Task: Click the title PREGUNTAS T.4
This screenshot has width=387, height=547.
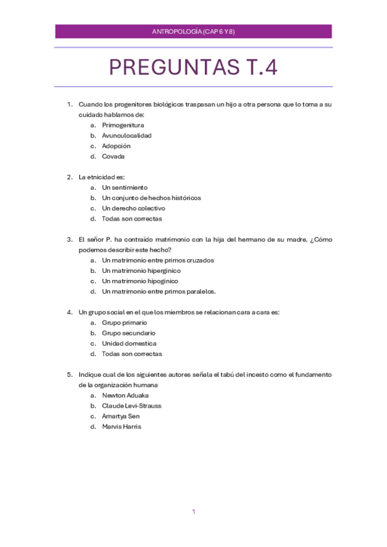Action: coord(193,67)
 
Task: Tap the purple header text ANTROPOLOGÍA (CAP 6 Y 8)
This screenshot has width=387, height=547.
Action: coord(193,32)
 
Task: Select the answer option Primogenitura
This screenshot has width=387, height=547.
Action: coord(123,125)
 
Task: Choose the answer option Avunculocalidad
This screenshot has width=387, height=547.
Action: coord(127,135)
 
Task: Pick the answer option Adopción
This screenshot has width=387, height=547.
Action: coord(116,146)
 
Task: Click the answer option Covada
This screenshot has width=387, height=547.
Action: coord(113,156)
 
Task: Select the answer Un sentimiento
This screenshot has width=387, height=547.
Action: coord(125,188)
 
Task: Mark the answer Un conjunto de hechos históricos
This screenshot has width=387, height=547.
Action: coord(151,198)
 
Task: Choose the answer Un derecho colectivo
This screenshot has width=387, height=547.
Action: coord(133,208)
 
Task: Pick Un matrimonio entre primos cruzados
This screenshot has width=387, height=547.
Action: coord(158,261)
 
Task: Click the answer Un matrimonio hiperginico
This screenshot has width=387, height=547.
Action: coord(141,271)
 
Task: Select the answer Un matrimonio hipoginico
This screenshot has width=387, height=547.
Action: coord(140,281)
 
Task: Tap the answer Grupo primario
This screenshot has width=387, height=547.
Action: coord(124,323)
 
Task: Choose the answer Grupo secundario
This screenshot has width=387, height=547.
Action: coord(129,333)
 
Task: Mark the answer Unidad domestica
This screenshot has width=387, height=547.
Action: coord(129,343)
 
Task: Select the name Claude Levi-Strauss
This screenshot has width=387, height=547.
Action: coord(131,406)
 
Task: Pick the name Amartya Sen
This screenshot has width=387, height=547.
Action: coord(121,416)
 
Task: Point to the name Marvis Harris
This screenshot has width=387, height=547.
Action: coord(121,426)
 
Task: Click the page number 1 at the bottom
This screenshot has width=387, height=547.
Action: coord(193,512)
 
